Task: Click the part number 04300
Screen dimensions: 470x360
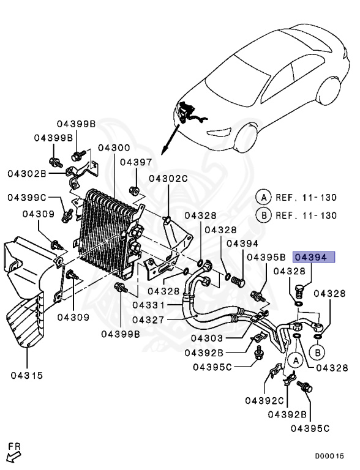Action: point(113,148)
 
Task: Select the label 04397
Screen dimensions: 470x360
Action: point(135,162)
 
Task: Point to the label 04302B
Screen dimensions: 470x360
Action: point(27,173)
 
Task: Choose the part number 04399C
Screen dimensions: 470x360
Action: point(28,198)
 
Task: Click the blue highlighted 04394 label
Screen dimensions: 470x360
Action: point(314,257)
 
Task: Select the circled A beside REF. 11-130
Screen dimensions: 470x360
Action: point(263,197)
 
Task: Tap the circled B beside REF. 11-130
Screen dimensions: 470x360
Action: point(263,215)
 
